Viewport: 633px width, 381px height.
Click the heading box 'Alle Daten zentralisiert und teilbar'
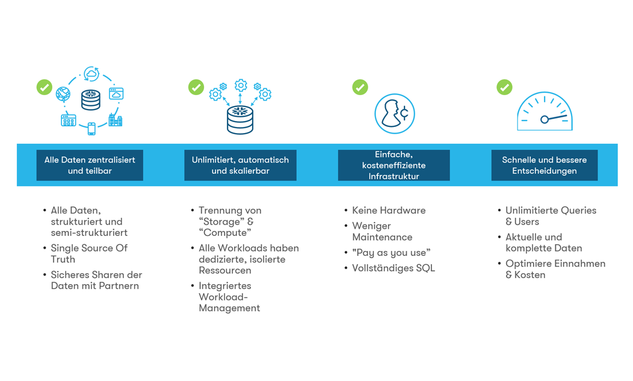pyautogui.click(x=90, y=166)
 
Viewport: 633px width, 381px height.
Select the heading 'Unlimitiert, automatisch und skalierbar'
pyautogui.click(x=240, y=166)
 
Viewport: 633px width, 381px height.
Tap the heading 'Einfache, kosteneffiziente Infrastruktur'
pyautogui.click(x=394, y=166)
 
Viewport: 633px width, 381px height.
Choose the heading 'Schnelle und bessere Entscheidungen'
pyautogui.click(x=544, y=166)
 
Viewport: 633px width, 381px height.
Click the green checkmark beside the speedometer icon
pyautogui.click(x=504, y=87)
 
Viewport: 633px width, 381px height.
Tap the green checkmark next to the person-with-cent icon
pyautogui.click(x=360, y=87)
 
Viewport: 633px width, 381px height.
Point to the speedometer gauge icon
pyautogui.click(x=545, y=111)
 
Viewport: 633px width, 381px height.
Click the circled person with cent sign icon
pyautogui.click(x=394, y=114)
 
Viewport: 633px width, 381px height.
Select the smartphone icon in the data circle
pyautogui.click(x=91, y=128)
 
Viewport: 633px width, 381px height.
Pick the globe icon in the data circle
pyautogui.click(x=63, y=94)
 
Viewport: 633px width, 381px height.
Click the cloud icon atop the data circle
pyautogui.click(x=91, y=74)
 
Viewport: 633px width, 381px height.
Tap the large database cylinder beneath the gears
pyautogui.click(x=240, y=120)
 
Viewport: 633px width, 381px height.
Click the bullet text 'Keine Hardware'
pyautogui.click(x=389, y=211)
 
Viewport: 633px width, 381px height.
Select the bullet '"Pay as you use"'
pyautogui.click(x=391, y=253)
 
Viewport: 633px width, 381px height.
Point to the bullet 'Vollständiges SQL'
pyautogui.click(x=394, y=268)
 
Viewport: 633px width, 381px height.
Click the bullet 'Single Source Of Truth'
pyautogui.click(x=89, y=254)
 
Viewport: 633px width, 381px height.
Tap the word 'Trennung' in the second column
pyautogui.click(x=218, y=211)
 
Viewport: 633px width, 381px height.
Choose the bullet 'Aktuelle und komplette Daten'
pyautogui.click(x=544, y=243)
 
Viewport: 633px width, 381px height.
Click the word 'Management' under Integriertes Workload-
pyautogui.click(x=229, y=308)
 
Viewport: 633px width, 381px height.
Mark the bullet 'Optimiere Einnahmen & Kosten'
pyautogui.click(x=555, y=269)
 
